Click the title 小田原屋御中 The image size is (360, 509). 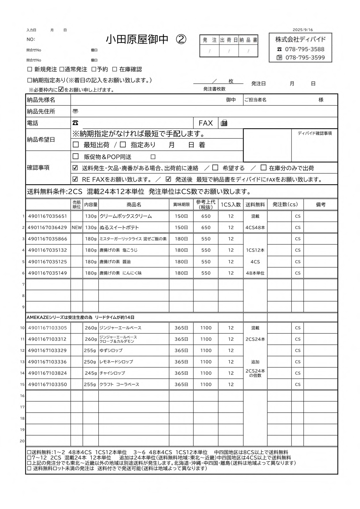click(x=137, y=39)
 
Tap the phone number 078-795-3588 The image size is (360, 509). click(x=305, y=49)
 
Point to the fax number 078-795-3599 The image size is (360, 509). click(x=305, y=57)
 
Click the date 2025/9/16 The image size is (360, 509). click(x=303, y=30)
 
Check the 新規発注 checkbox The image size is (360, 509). click(x=30, y=69)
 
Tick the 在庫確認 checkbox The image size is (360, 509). click(x=115, y=69)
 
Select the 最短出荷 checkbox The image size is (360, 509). click(x=76, y=145)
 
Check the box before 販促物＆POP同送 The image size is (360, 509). click(x=76, y=156)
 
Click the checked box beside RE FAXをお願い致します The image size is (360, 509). click(x=75, y=179)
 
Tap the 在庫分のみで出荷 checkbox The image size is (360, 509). click(x=263, y=168)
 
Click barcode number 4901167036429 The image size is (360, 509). click(x=47, y=228)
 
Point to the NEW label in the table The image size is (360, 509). click(x=77, y=228)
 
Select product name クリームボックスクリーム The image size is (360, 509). click(x=126, y=216)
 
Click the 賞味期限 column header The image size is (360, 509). click(x=181, y=205)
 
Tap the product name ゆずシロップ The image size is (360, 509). click(x=111, y=351)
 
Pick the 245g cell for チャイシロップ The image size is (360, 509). click(x=90, y=373)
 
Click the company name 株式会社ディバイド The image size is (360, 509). click(x=300, y=39)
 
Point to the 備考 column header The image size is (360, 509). click(x=321, y=205)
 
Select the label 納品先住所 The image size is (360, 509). click(x=41, y=111)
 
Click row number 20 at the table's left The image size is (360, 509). click(x=22, y=441)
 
